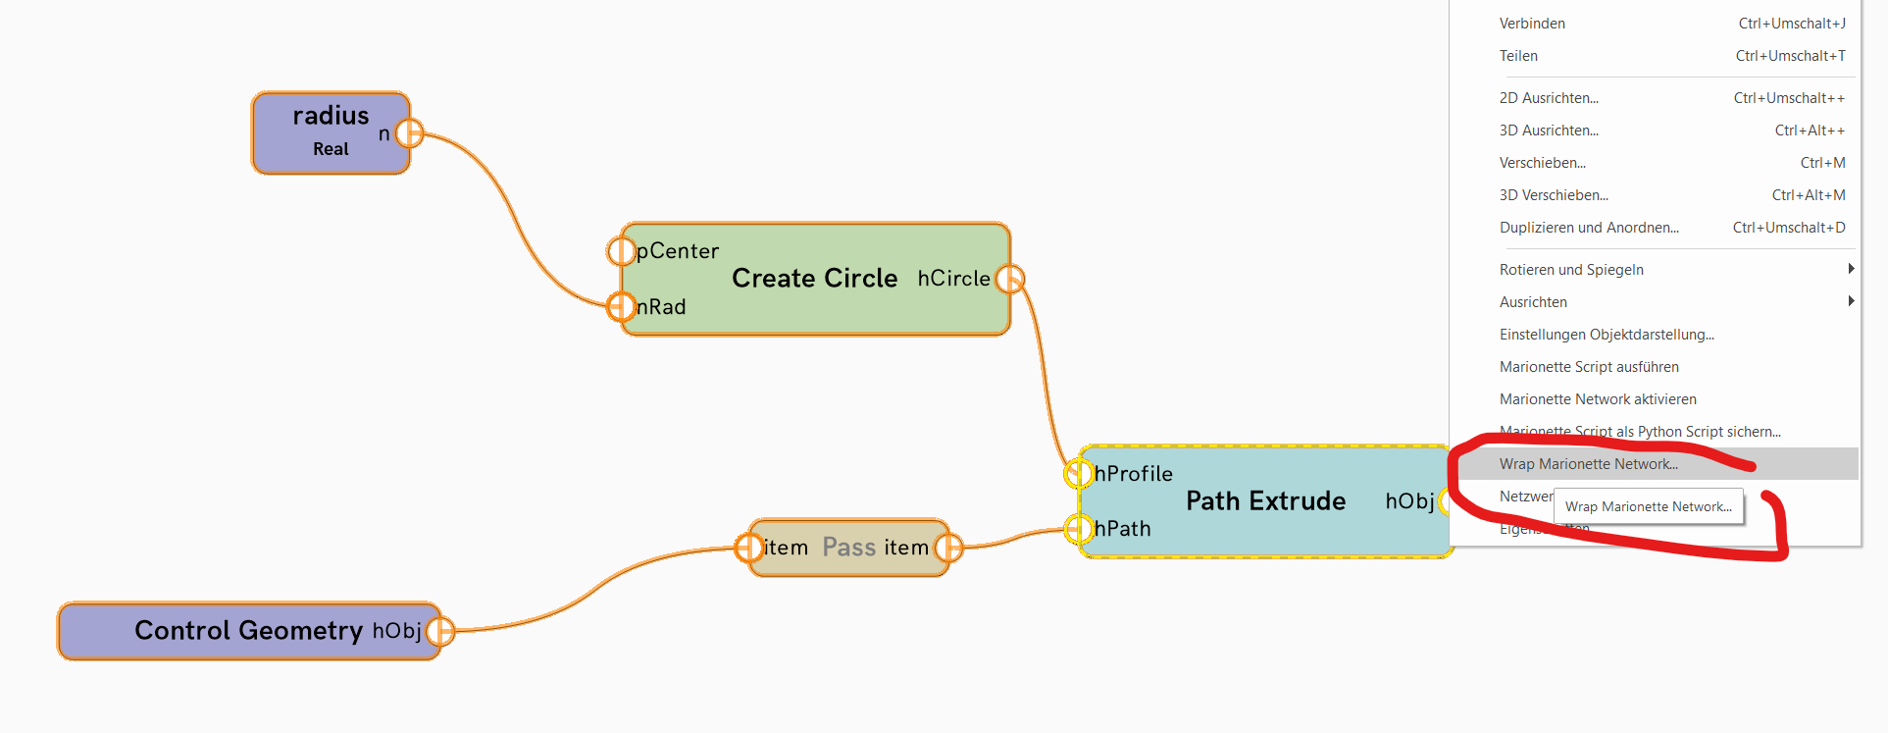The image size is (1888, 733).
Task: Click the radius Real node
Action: pos(330,132)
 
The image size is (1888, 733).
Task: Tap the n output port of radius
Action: pos(410,132)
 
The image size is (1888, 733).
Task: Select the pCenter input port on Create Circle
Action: pos(621,251)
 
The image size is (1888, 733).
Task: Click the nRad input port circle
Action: pos(621,307)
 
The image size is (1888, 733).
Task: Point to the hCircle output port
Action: pos(1009,279)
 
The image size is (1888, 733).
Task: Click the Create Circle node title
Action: pos(814,279)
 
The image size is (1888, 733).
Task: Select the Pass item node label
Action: pos(848,548)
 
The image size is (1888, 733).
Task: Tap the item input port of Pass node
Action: pos(749,548)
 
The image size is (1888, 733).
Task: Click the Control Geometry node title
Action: pos(248,630)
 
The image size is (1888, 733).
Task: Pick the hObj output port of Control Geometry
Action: pos(440,631)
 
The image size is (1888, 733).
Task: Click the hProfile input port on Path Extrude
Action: pos(1079,474)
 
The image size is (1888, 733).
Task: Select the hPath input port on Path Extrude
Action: pos(1079,530)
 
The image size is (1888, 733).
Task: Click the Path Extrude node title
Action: pos(1265,501)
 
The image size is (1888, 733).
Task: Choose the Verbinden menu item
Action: pos(1532,24)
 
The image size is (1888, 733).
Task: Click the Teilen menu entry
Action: pos(1518,56)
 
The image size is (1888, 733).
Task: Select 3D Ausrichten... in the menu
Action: pos(1549,131)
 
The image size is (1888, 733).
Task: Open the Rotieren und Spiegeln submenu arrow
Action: pos(1850,269)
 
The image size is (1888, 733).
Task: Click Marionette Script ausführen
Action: pos(1589,367)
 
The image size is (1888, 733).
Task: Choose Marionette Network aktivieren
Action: pos(1598,399)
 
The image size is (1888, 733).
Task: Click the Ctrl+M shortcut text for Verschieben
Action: pos(1822,163)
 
